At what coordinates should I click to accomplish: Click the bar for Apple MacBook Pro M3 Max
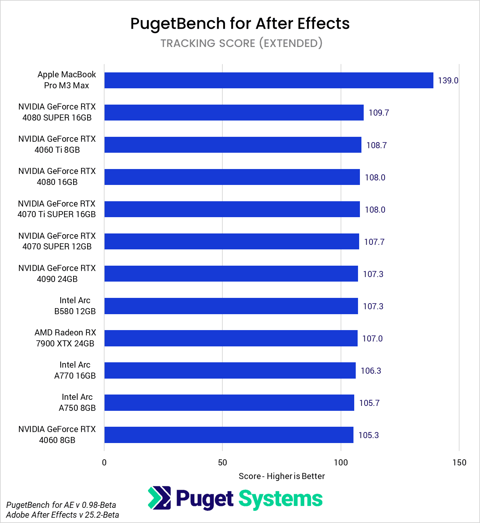point(269,80)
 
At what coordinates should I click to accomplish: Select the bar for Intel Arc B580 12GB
point(231,306)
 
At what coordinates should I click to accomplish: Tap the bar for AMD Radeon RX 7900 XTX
point(231,338)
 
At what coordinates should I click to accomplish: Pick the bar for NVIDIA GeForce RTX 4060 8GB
point(229,435)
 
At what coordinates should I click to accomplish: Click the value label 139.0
point(448,80)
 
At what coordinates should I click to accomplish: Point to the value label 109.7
point(378,113)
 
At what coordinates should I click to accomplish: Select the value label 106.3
point(371,371)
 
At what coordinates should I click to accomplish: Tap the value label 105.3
point(368,435)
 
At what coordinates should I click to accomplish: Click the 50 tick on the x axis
point(222,462)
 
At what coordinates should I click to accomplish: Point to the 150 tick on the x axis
point(459,462)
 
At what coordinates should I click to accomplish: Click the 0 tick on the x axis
point(104,462)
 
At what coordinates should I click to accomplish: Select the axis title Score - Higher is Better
point(281,476)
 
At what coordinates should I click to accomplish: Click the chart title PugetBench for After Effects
point(240,23)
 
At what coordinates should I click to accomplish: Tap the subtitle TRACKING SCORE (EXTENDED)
point(241,43)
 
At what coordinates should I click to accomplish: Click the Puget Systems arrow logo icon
point(159,498)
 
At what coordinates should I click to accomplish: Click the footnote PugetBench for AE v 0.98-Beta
point(61,505)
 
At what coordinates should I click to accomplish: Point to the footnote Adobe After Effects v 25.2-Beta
point(63,515)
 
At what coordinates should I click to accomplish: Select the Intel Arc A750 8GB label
point(77,402)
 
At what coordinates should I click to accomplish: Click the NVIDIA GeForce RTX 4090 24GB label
point(57,274)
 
